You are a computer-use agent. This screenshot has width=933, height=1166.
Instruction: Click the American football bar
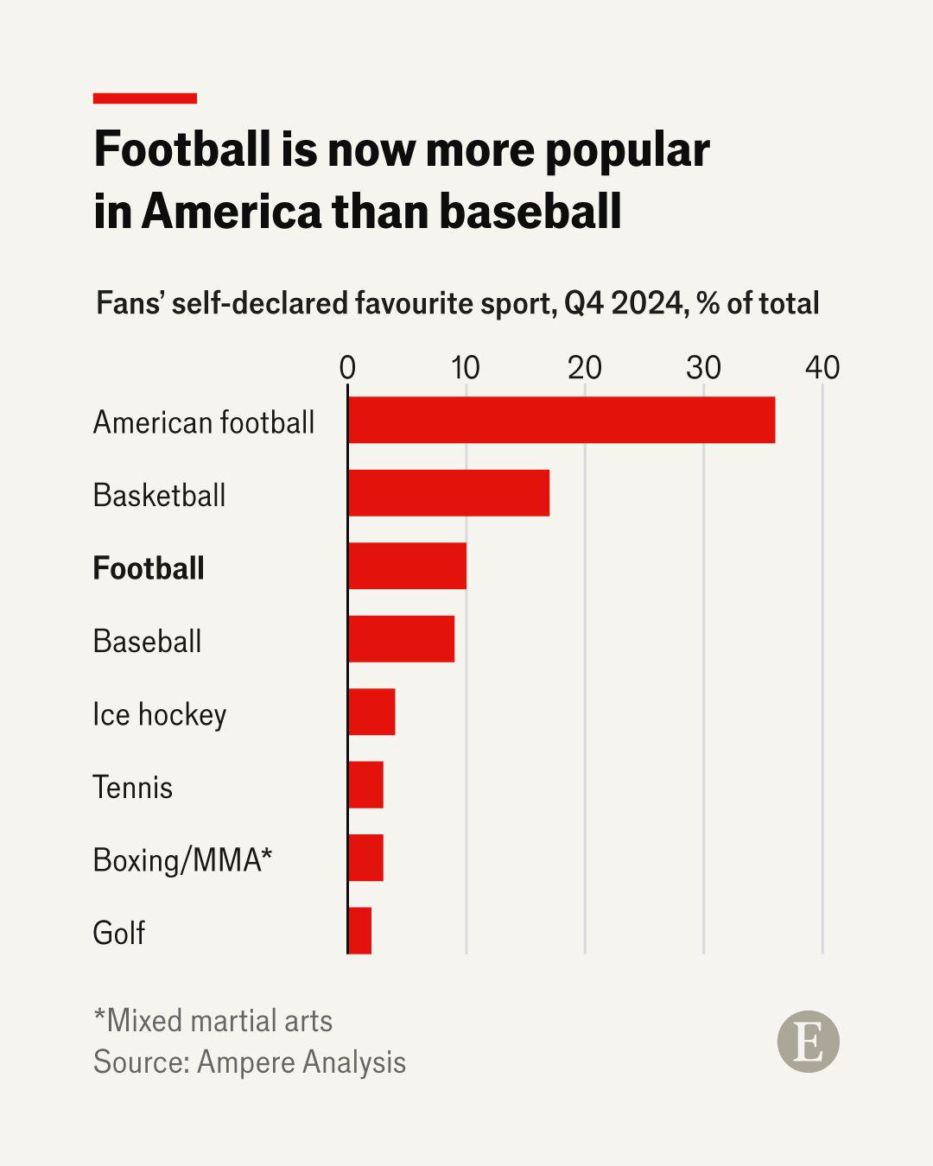click(x=562, y=420)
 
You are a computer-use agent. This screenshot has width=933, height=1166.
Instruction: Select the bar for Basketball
click(x=449, y=493)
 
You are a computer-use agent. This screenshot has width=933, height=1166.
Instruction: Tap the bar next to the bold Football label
click(x=407, y=566)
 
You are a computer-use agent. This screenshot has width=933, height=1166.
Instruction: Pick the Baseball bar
click(x=401, y=639)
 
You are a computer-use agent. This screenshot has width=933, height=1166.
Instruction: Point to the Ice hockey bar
click(x=371, y=712)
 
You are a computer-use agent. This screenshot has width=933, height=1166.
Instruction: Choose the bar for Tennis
click(x=366, y=784)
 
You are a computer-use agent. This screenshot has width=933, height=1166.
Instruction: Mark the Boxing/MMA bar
click(x=366, y=858)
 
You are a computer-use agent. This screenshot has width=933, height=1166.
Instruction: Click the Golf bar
click(x=360, y=930)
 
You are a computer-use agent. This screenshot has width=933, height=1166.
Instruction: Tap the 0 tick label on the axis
click(x=347, y=368)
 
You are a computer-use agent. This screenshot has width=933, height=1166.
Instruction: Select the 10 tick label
click(x=466, y=368)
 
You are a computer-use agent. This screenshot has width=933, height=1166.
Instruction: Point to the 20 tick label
click(x=584, y=368)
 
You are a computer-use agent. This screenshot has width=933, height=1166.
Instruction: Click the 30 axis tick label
click(x=703, y=368)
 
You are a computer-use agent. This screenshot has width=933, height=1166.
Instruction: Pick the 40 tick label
click(x=822, y=368)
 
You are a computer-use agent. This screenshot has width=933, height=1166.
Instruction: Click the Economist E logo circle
click(x=809, y=1042)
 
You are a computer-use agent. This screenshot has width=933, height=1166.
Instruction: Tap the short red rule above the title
click(x=145, y=98)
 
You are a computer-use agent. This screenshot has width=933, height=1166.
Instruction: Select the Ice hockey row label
click(x=159, y=714)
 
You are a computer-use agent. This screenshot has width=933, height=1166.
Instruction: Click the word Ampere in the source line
click(x=246, y=1061)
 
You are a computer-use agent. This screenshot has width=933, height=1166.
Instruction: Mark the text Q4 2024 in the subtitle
click(x=624, y=303)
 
